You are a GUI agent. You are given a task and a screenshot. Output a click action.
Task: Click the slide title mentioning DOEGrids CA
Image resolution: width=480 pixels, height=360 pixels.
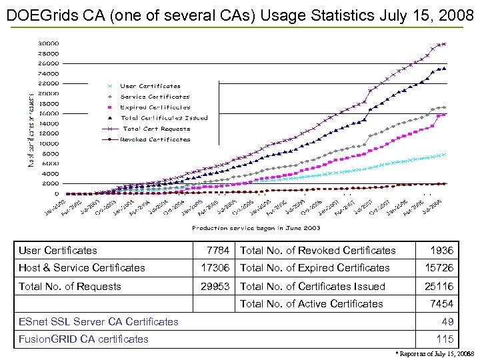pos(240,14)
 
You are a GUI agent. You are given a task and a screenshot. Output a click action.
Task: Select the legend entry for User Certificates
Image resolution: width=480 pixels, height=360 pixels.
pos(150,86)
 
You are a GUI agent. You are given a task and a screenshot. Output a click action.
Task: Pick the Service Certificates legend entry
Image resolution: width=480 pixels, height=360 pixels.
pos(155,97)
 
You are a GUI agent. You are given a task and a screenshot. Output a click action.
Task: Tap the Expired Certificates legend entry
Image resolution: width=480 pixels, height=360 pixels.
pos(155,107)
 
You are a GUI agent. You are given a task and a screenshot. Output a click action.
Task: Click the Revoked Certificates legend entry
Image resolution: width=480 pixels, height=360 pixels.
pos(155,139)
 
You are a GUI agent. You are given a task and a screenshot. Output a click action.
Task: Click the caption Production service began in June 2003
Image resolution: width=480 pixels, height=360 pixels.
pos(256,228)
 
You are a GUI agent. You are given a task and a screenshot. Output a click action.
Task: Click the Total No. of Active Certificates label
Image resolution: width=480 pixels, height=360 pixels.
pos(311,304)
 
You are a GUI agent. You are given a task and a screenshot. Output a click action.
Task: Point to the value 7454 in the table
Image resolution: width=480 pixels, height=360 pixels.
pos(441,304)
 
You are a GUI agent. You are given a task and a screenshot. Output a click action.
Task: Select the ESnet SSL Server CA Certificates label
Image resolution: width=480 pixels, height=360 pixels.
pos(99,322)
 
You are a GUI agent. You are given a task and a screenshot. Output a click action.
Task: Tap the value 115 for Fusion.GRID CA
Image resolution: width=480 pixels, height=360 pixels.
pos(445,339)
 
